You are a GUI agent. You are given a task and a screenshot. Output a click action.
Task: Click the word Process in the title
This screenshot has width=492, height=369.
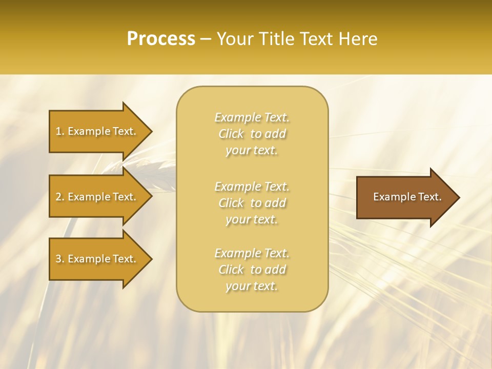click(161, 39)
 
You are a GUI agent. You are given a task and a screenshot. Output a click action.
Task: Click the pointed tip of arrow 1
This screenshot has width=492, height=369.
click(151, 131)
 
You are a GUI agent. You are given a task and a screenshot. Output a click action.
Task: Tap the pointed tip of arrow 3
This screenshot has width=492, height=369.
click(151, 259)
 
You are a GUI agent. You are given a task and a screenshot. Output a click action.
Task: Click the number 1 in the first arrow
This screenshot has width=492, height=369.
click(58, 131)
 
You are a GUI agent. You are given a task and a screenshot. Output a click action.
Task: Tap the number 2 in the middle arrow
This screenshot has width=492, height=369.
click(58, 197)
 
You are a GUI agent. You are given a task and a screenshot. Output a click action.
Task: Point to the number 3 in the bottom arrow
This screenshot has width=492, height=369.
click(58, 259)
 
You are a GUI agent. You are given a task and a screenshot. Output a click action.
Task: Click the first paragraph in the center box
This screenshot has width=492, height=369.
click(252, 134)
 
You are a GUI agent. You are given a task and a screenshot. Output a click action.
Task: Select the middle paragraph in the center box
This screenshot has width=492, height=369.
click(252, 203)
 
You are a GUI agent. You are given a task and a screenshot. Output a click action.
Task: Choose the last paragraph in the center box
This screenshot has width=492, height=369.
click(252, 270)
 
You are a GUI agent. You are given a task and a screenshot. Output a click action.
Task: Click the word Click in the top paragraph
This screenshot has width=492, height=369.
click(231, 134)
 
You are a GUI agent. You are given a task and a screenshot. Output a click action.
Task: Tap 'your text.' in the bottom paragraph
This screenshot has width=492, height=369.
click(252, 286)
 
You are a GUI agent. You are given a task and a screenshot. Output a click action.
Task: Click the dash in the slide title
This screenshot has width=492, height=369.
click(206, 39)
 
